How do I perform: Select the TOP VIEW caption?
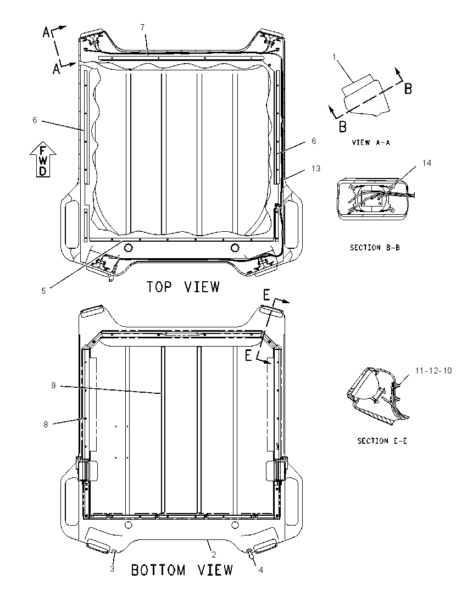[x=183, y=287]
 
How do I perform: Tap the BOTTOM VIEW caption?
[x=182, y=570]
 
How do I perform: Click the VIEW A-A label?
[x=371, y=142]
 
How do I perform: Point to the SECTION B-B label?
[x=375, y=248]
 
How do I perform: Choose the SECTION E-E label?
[x=382, y=441]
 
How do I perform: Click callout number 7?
[x=142, y=27]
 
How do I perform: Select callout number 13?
[x=316, y=169]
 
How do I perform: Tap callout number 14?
[x=427, y=163]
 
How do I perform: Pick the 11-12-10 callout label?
[x=433, y=371]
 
